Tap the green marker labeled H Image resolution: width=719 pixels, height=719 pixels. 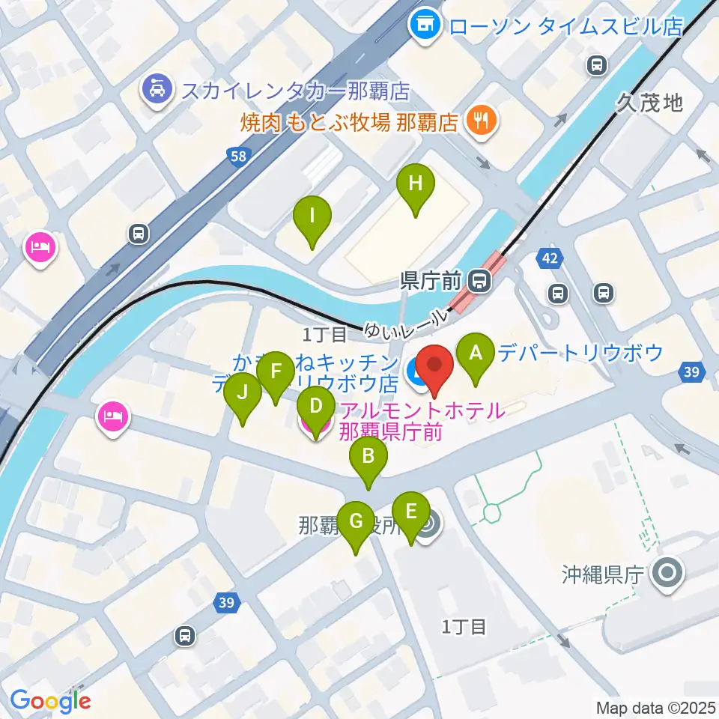coord(415,183)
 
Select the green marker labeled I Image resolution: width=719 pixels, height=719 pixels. coord(312,217)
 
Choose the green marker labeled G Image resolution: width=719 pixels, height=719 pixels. coord(356,521)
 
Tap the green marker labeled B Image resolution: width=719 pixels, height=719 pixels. coord(368,457)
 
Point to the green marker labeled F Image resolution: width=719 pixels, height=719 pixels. coord(276,371)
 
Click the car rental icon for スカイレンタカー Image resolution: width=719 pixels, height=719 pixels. coord(158,91)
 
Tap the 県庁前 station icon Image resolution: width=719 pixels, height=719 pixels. coord(479,282)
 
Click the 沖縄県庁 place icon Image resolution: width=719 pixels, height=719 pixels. coord(667,574)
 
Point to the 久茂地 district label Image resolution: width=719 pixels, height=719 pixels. coord(650,103)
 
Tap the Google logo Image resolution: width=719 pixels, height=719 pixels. coord(50,701)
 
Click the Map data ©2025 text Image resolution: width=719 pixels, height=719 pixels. coord(656,707)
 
